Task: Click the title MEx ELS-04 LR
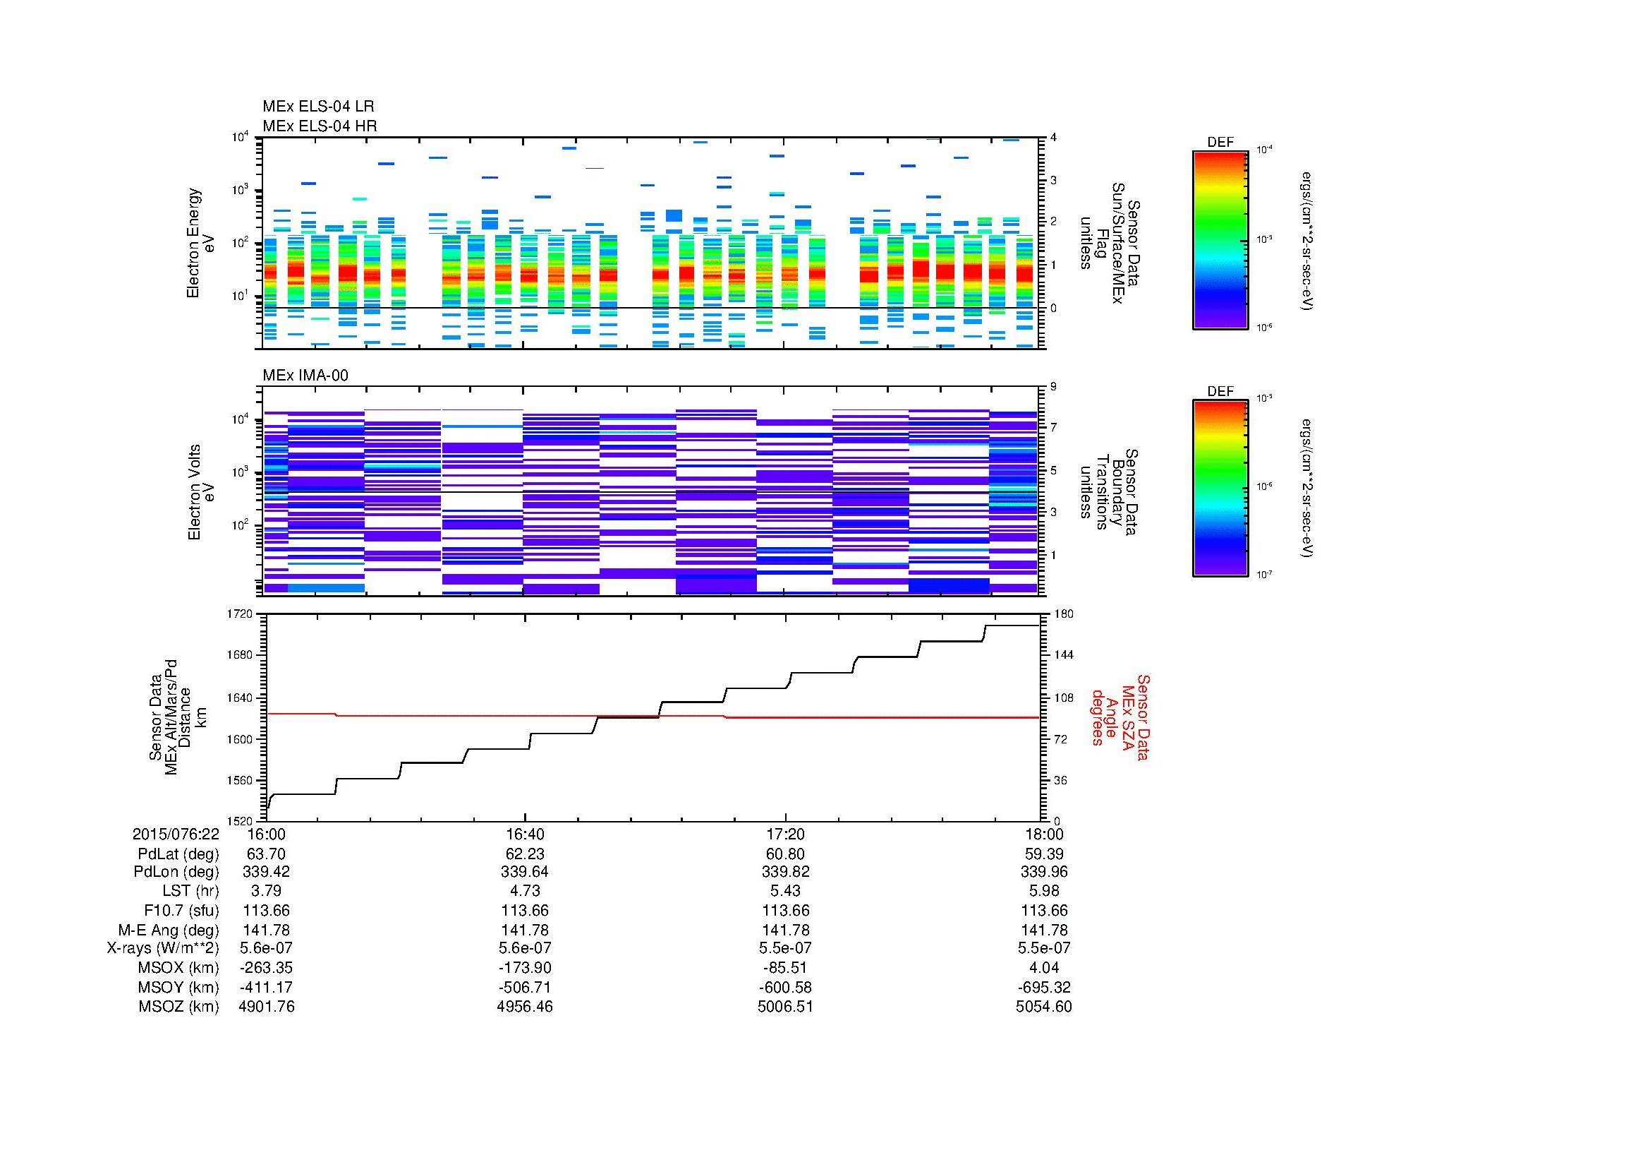[x=318, y=107]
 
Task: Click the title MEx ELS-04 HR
[x=320, y=126]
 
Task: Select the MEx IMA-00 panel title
[x=305, y=376]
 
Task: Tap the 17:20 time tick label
[x=784, y=834]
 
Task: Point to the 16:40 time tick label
[x=525, y=834]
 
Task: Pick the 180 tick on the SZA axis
[x=1062, y=614]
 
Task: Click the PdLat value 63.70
[x=266, y=854]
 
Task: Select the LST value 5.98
[x=1043, y=891]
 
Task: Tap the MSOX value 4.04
[x=1043, y=968]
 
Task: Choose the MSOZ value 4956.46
[x=525, y=1007]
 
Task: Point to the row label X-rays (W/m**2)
[x=163, y=948]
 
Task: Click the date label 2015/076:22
[x=176, y=834]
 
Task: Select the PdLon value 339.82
[x=784, y=871]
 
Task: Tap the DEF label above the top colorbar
[x=1220, y=143]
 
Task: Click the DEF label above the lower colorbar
[x=1220, y=391]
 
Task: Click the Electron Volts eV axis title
[x=202, y=492]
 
